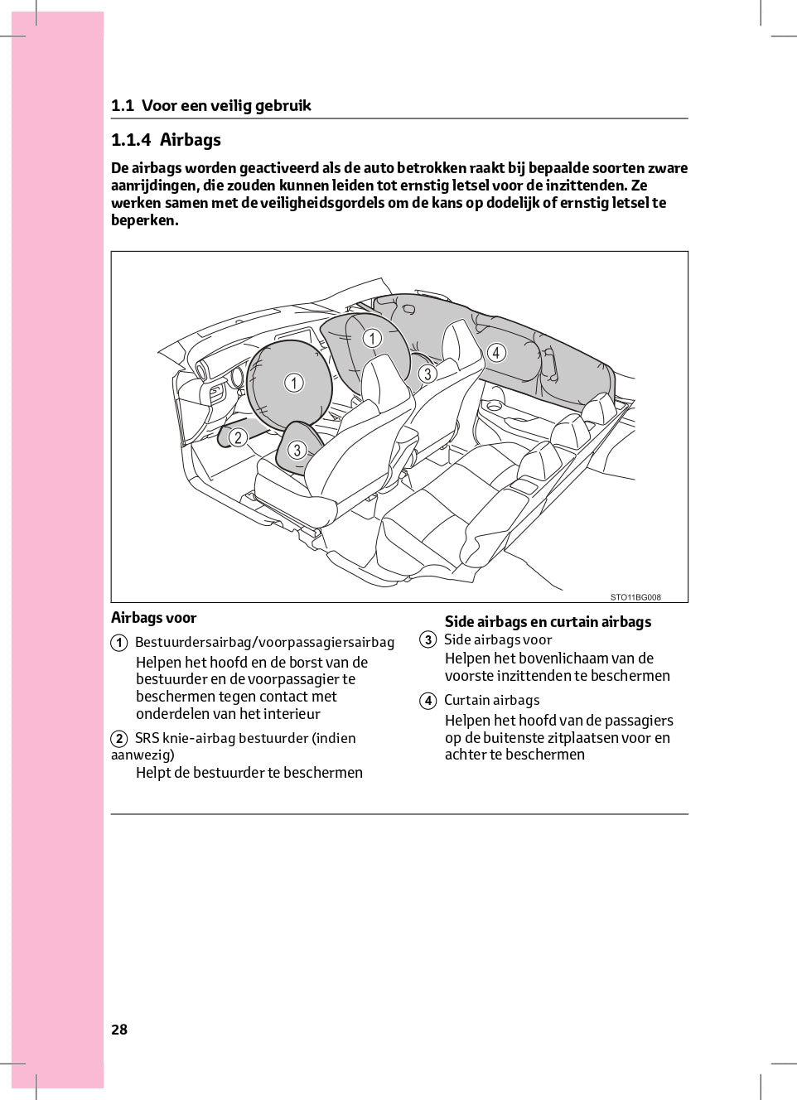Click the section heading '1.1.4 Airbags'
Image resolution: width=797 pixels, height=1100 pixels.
pos(166,140)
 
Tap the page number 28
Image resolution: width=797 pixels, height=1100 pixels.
pos(119,1029)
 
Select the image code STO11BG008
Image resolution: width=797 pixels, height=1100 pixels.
pos(635,597)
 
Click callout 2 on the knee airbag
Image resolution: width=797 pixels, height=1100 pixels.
pos(238,437)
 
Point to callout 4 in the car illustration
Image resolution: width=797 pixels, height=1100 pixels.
pos(496,353)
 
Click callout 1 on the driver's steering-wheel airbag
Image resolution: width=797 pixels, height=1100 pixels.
pos(294,383)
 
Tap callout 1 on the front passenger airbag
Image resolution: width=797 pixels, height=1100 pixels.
pos(372,338)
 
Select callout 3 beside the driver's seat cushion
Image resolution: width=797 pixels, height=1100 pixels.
pos(297,451)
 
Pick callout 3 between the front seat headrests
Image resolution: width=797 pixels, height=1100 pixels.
pos(427,374)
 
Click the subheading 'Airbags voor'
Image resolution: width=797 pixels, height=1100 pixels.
pos(153,618)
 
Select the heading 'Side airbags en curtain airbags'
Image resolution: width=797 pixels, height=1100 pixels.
pos(548,622)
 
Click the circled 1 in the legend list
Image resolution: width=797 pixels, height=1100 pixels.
pos(119,643)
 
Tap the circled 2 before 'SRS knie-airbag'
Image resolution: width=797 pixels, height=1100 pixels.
pos(119,739)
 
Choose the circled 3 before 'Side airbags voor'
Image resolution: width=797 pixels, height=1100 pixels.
pos(427,639)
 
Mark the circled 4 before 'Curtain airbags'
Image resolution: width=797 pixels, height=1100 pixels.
pos(427,701)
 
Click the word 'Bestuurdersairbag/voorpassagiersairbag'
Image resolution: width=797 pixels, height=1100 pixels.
pos(264,643)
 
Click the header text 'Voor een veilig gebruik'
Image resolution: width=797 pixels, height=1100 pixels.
pos(226,105)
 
